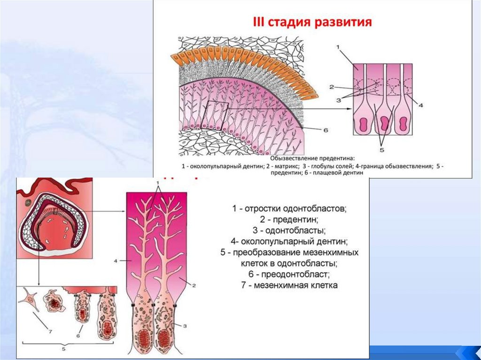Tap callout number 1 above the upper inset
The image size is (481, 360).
[x=339, y=47]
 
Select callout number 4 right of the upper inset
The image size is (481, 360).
[x=421, y=105]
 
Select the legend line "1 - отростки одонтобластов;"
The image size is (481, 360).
[x=289, y=208]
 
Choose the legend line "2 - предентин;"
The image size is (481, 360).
[x=289, y=219]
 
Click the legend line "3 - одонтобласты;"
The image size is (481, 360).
[x=289, y=230]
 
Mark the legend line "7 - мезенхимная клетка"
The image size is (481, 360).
[x=289, y=285]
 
